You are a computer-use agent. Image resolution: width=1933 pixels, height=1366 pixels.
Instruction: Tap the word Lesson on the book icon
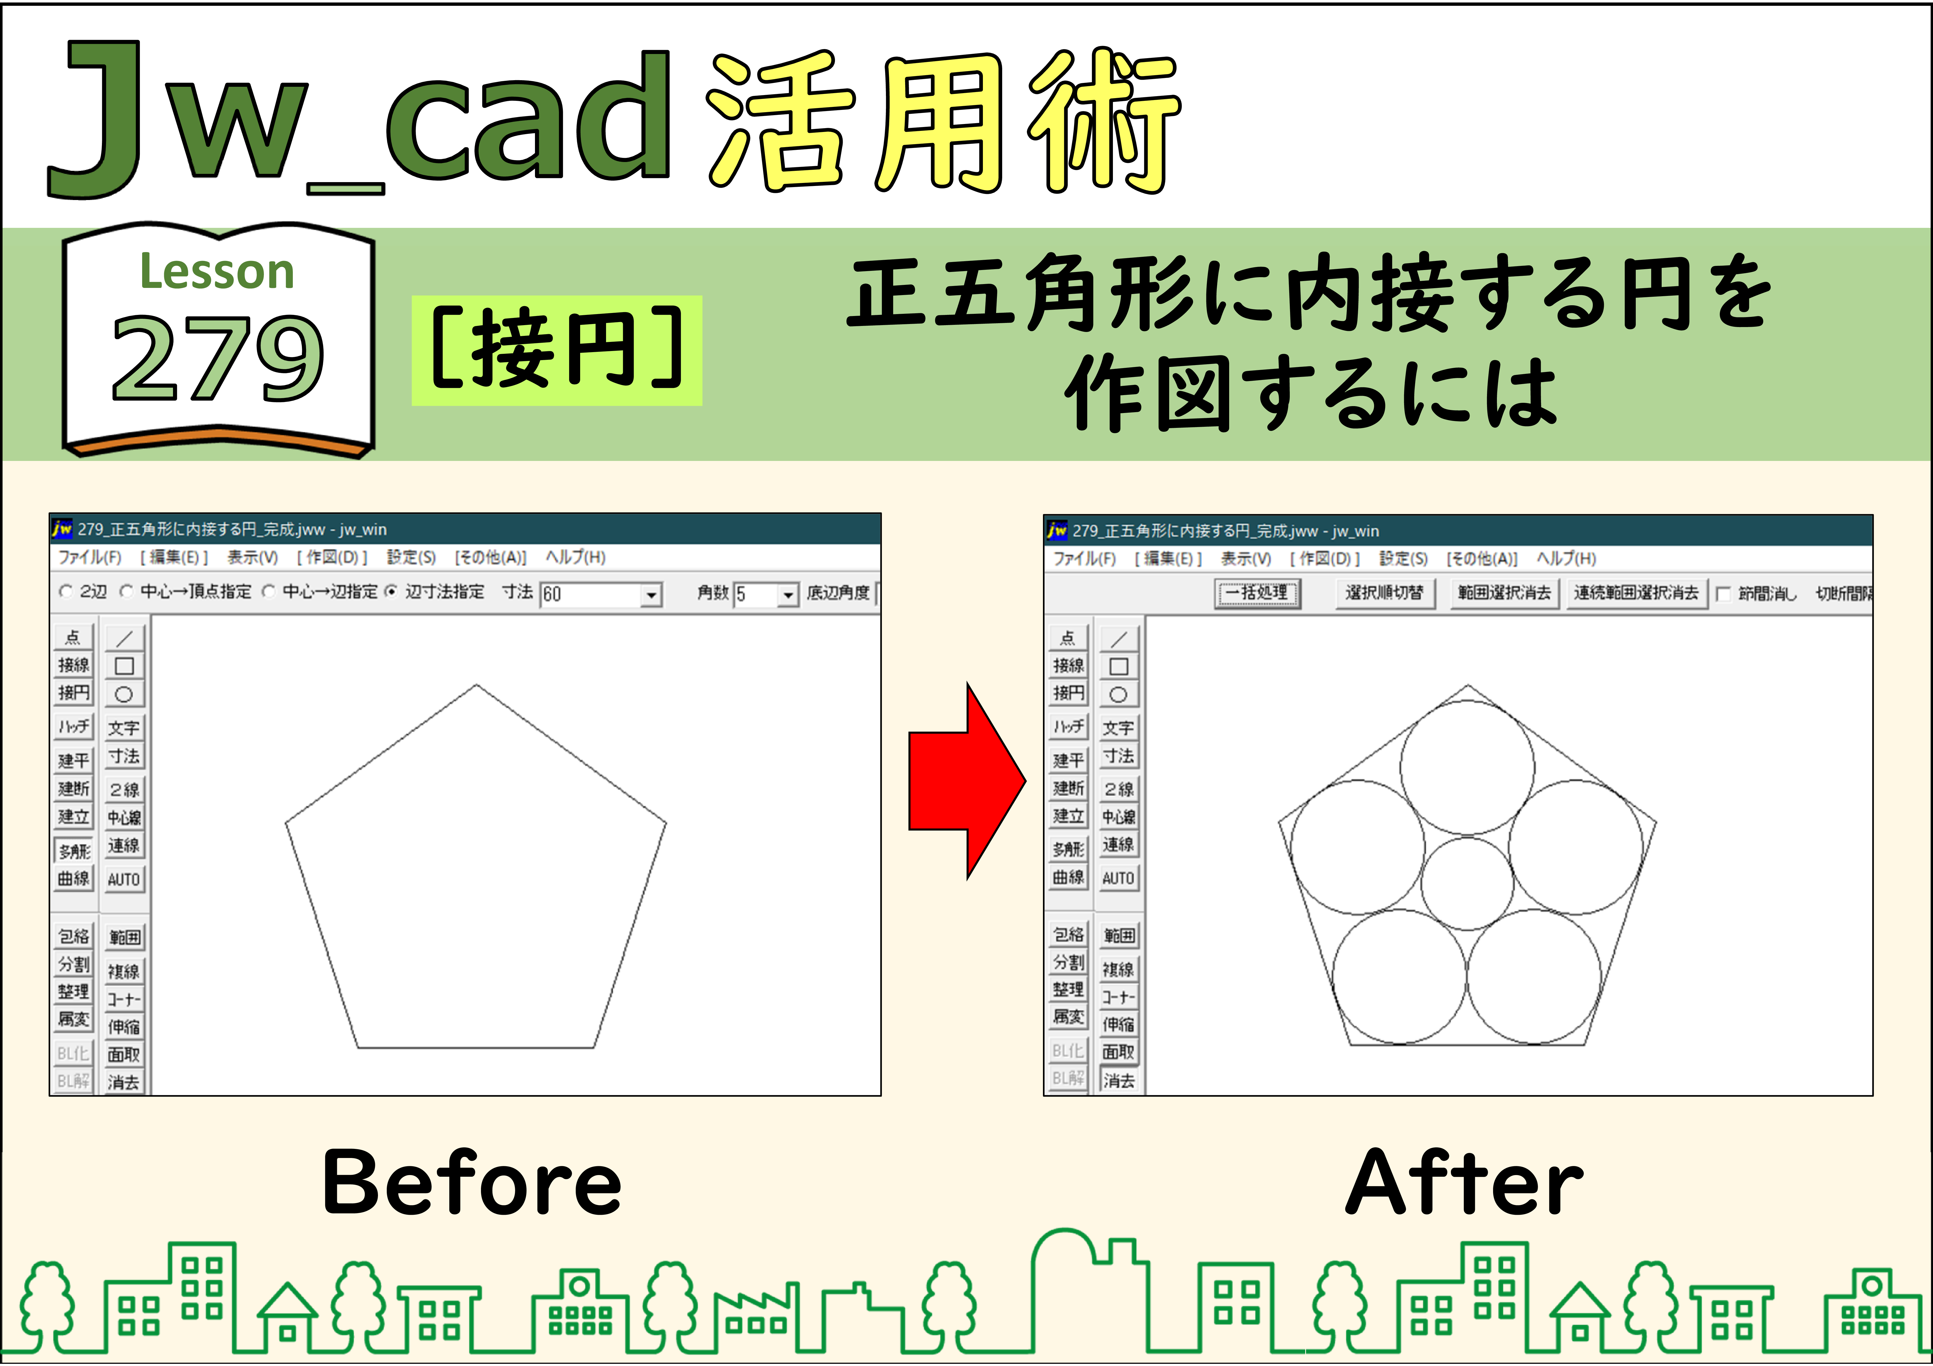(x=217, y=272)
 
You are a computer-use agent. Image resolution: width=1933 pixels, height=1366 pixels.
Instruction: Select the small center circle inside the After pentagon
(x=1467, y=882)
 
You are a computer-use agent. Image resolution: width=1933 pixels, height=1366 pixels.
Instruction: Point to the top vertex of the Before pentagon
(x=477, y=685)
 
